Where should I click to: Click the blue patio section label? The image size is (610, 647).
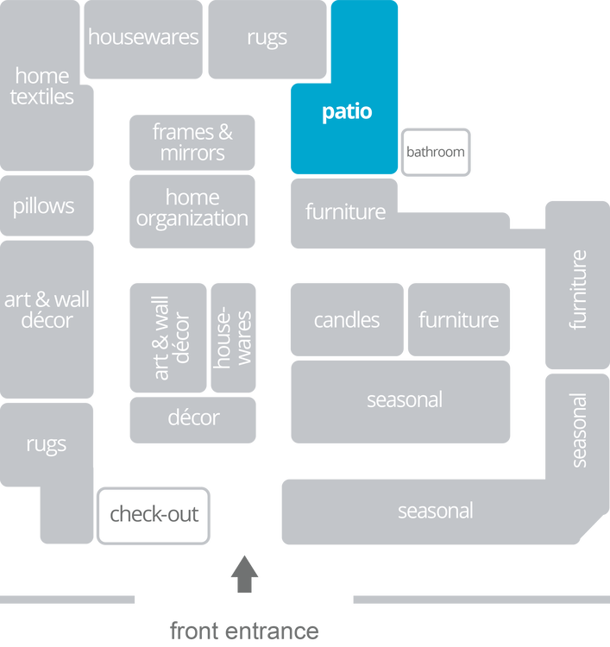(347, 112)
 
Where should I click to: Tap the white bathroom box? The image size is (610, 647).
(435, 153)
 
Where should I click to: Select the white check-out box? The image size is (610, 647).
(154, 515)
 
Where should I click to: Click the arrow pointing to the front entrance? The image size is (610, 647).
(244, 574)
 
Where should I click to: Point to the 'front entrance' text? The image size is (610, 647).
(244, 631)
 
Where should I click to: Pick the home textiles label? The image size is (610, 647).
(42, 86)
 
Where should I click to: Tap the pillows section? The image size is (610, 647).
(44, 206)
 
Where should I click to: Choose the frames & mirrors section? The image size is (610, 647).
(192, 142)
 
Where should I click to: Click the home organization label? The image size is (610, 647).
(192, 209)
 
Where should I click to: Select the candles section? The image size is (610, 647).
(346, 320)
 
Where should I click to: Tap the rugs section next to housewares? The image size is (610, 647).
(267, 38)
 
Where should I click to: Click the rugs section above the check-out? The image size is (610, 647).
(46, 445)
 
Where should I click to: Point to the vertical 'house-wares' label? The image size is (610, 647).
(233, 337)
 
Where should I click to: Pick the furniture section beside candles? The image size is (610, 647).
(458, 320)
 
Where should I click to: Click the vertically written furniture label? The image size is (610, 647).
(578, 289)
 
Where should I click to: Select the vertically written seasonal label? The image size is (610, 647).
(578, 429)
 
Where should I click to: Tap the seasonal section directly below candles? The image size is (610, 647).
(404, 400)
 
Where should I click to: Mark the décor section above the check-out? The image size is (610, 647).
(193, 418)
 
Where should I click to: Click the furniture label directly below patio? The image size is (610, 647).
(345, 212)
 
